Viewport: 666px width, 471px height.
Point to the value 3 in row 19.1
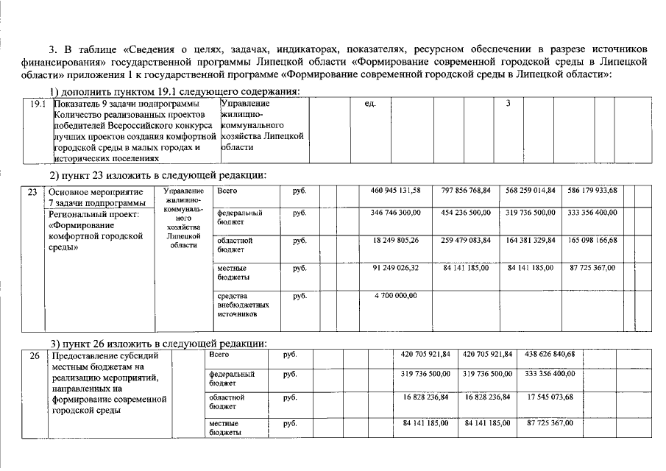click(508, 104)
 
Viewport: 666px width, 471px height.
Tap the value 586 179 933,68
click(592, 191)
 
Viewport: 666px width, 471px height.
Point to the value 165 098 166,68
click(592, 240)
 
